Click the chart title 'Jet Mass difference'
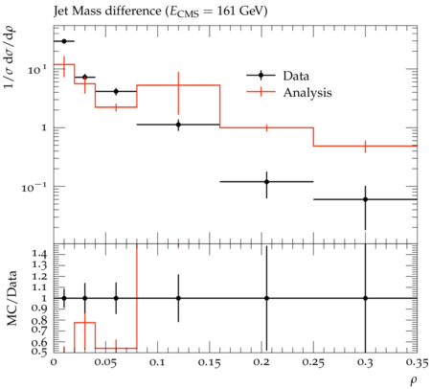point(107,11)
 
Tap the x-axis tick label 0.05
point(105,363)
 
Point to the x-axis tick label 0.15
point(209,363)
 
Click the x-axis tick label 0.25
point(313,363)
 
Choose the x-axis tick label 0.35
point(417,363)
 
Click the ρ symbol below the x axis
point(414,380)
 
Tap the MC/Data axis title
point(12,298)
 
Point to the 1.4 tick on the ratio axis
point(39,254)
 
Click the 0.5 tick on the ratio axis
point(39,352)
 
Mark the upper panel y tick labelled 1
point(44,127)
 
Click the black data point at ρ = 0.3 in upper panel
point(365,199)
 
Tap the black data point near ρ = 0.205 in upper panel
point(266,182)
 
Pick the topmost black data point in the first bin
point(64,41)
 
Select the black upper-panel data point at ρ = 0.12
point(178,125)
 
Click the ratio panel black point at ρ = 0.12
point(178,298)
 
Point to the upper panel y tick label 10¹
point(37,69)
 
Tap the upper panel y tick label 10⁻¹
point(34,187)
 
